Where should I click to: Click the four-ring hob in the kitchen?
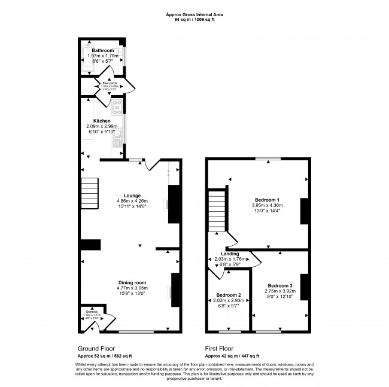pos(117,108)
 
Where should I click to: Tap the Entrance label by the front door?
pos(92,311)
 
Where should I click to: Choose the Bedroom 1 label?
pos(266,199)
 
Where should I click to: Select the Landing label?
pos(230,254)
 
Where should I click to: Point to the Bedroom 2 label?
pos(228,295)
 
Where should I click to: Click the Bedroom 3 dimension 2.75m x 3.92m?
pos(280,291)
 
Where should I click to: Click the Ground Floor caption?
pos(96,348)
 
